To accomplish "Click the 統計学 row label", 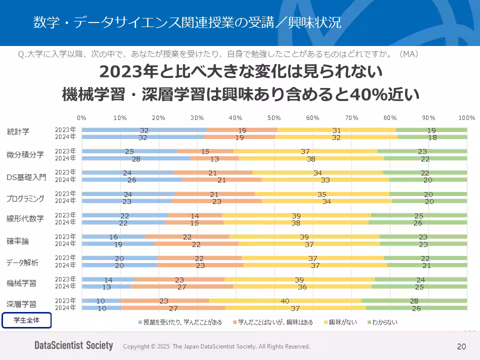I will point(18,132).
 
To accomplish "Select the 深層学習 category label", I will point(21,304).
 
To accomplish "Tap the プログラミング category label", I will point(25,198).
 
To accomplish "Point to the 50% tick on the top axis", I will point(274,117).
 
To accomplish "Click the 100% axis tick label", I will point(466,117).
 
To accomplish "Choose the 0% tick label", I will point(82,117).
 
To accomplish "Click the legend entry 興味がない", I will point(342,322).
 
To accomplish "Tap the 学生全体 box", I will point(26,320).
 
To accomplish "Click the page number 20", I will point(461,346).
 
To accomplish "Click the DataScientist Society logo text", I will point(73,346).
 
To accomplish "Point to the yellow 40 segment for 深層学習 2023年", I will point(285,301).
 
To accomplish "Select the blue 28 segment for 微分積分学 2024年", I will point(136,158).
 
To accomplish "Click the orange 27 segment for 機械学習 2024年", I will point(182,286).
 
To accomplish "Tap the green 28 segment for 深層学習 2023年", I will point(414,301).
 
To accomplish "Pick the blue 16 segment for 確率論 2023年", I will point(113,237).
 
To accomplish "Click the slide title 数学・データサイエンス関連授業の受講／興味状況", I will point(187,22).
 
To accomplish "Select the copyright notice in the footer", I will point(216,346).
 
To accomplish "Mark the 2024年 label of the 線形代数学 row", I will point(65,222).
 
